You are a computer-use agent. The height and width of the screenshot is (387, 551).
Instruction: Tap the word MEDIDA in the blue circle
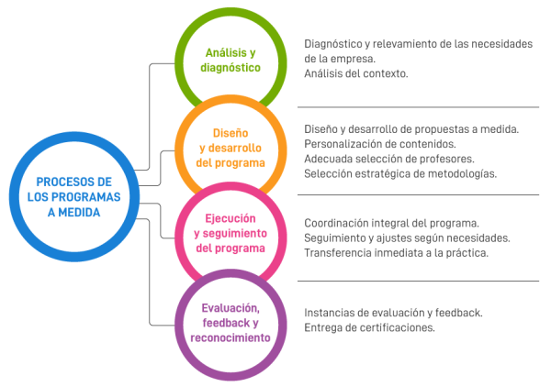[79, 212]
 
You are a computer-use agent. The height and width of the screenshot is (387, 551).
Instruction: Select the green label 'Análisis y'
[231, 53]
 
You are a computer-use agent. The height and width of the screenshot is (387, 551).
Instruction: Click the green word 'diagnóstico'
[231, 67]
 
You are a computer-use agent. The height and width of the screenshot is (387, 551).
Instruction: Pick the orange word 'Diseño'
[231, 133]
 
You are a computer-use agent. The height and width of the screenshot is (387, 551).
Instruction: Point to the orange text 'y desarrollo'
[231, 148]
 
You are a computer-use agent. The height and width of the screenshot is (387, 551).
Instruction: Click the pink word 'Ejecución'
[231, 218]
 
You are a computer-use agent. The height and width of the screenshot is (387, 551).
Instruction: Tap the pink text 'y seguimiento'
[231, 233]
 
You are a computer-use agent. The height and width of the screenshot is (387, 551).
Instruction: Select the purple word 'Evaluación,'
[231, 308]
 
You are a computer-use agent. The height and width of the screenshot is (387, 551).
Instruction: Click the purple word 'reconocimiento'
[231, 337]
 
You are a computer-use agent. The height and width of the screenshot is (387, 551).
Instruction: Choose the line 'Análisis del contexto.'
[356, 73]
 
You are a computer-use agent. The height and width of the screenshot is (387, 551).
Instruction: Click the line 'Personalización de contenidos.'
[380, 144]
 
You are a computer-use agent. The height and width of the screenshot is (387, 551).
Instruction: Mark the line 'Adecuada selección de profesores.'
[389, 159]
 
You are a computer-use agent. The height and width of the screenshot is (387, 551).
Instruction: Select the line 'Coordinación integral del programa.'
[391, 223]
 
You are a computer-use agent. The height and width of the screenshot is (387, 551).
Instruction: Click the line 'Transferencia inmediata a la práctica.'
[396, 253]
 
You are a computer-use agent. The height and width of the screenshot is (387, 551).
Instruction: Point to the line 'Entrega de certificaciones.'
[369, 327]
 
